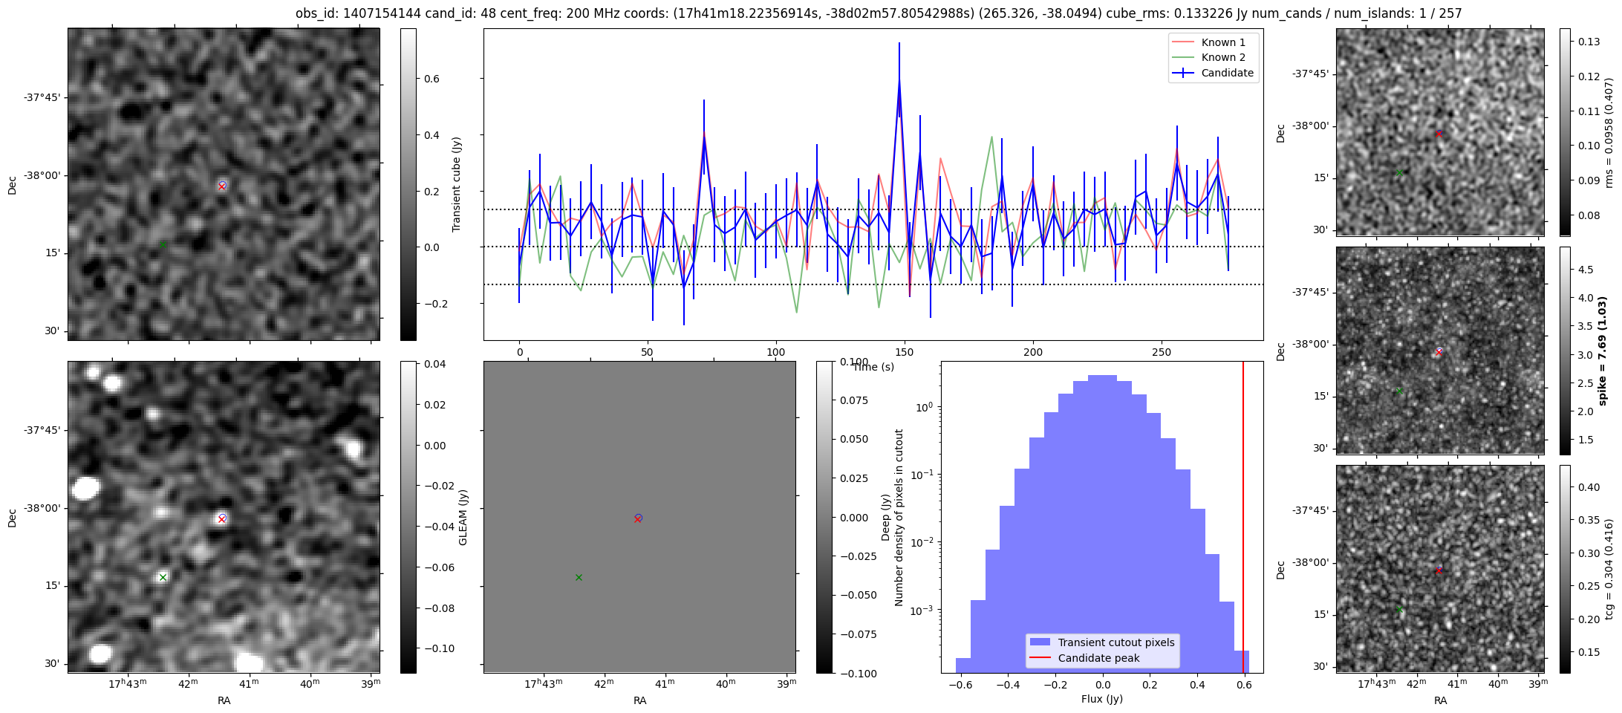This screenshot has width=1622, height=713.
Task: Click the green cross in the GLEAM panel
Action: point(163,577)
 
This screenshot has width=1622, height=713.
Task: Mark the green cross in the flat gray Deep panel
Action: point(579,577)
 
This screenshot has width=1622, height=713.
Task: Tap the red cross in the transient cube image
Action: point(222,186)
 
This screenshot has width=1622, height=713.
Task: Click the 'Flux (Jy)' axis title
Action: point(1102,699)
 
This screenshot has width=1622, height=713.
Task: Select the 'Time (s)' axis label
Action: point(873,367)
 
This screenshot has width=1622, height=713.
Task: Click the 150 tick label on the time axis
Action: point(904,352)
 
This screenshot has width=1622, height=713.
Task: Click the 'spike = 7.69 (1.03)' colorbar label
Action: point(1602,351)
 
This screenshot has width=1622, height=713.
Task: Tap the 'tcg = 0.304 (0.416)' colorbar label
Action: point(1609,569)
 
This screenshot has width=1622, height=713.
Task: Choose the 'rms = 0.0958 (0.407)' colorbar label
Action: point(1609,132)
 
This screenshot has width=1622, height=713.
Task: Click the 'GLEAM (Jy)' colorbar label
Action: point(463,517)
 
